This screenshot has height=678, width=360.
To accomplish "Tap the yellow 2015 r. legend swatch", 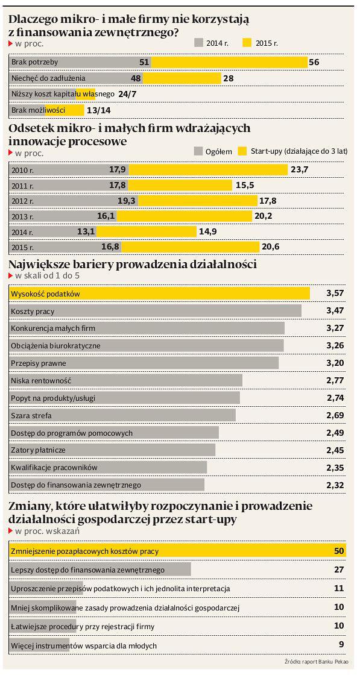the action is click(247, 42).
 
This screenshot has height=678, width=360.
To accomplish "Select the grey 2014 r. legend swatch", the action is click(198, 42).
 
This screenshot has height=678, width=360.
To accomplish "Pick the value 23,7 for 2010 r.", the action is click(299, 169).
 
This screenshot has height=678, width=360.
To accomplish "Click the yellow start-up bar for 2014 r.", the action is click(147, 232).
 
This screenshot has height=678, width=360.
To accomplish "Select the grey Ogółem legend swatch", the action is click(198, 151).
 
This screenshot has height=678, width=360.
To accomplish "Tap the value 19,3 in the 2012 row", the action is click(127, 201).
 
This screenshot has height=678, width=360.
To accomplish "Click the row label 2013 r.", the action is click(22, 216).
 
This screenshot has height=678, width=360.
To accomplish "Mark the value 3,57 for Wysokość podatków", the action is click(335, 293).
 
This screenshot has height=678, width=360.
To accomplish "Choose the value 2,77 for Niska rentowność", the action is click(335, 380).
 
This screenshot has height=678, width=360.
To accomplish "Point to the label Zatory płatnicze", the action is click(38, 450).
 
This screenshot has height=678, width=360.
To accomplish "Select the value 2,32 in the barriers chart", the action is click(335, 485).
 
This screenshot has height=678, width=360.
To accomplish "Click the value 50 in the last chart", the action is click(339, 551).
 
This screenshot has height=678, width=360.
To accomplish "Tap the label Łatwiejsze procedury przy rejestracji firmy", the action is click(83, 626).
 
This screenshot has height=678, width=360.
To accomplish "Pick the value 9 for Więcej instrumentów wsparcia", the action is click(341, 644).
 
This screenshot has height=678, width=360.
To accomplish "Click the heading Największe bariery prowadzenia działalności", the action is click(133, 264).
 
